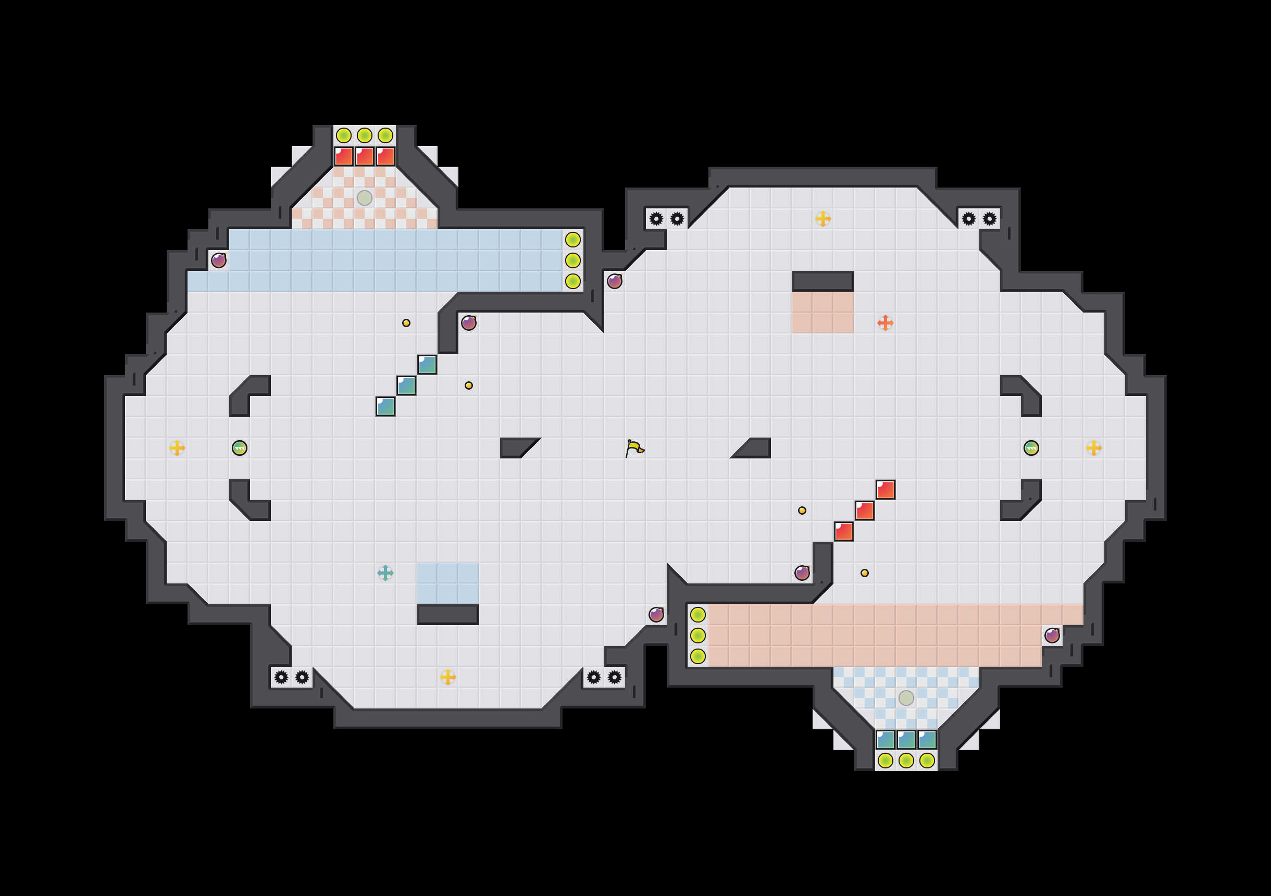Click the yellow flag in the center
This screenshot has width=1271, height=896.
tap(634, 447)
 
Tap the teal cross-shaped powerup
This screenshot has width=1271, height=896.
tap(385, 573)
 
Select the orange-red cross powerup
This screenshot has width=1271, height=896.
tap(885, 322)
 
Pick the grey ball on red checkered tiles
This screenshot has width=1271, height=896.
tap(364, 198)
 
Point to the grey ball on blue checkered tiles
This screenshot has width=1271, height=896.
tap(906, 698)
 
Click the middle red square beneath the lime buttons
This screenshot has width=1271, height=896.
tap(364, 156)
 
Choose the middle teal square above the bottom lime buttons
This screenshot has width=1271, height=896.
tap(906, 740)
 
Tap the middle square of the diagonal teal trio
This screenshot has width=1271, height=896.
tap(406, 385)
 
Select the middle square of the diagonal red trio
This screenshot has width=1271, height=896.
tap(865, 511)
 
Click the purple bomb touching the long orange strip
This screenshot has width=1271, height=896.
tap(1052, 635)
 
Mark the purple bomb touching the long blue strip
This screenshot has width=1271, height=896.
tap(219, 260)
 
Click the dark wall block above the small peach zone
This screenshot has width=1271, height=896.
tap(823, 281)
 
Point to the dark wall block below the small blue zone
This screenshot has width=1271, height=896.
tap(447, 615)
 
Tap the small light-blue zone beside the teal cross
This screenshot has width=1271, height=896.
tap(447, 583)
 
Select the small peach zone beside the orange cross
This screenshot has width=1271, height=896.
tap(823, 313)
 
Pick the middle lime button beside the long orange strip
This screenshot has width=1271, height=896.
tap(697, 635)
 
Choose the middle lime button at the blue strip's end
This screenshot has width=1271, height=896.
tap(572, 260)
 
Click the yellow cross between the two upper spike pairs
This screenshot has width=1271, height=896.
tap(823, 219)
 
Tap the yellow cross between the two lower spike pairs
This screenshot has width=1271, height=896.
tap(447, 677)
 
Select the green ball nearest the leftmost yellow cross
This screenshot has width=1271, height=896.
tap(240, 447)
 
